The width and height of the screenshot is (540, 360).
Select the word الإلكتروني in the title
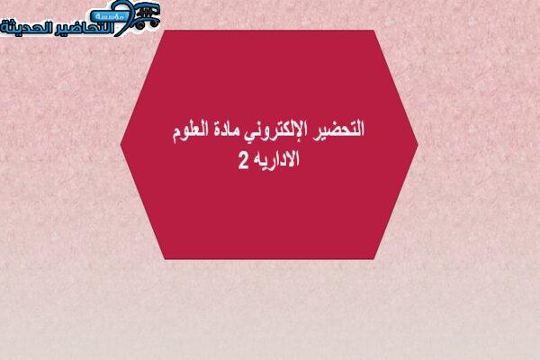click(x=274, y=130)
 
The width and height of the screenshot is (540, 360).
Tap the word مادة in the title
click(x=226, y=130)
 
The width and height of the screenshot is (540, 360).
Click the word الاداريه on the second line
click(x=276, y=159)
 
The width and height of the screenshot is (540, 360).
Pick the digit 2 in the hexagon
click(x=243, y=161)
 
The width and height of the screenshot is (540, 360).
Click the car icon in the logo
click(x=147, y=15)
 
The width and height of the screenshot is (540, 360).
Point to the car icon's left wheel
click(x=139, y=25)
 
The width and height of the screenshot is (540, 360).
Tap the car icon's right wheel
click(x=153, y=23)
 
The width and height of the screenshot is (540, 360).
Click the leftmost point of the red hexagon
click(x=121, y=144)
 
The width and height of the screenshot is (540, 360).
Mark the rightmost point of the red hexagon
click(x=418, y=145)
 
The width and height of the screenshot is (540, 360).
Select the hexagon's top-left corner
click(x=165, y=31)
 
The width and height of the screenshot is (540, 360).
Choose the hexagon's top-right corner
click(x=374, y=31)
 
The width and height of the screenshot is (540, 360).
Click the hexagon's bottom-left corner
click(x=165, y=259)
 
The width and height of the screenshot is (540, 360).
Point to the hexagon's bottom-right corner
click(x=374, y=259)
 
